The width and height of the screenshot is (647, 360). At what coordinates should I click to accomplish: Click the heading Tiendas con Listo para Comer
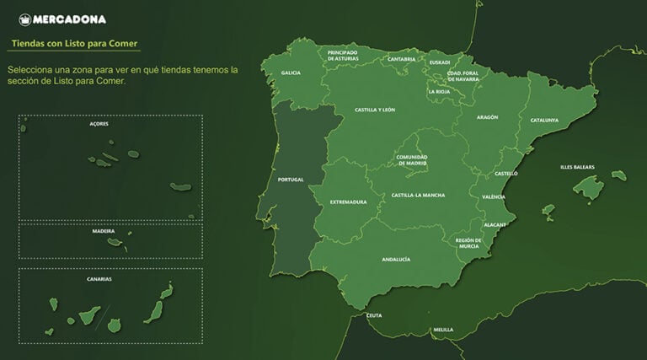[x=75, y=42]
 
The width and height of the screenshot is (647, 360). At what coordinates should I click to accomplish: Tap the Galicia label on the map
[x=291, y=73]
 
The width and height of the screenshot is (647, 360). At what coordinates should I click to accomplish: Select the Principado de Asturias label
[x=343, y=56]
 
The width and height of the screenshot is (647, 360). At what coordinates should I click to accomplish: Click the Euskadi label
[x=440, y=62]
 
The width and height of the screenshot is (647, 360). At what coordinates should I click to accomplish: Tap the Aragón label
[x=487, y=117]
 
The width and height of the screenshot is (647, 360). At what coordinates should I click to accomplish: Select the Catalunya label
[x=544, y=120]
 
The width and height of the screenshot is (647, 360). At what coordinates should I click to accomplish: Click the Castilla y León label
[x=375, y=110]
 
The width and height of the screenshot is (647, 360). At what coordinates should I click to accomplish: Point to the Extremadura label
[x=348, y=201]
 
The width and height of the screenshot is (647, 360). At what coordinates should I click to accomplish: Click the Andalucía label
[x=396, y=260]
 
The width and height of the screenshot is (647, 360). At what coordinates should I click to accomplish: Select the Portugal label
[x=290, y=180]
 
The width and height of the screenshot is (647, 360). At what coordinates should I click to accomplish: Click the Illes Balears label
[x=577, y=167]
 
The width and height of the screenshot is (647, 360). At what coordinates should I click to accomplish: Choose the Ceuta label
[x=374, y=315]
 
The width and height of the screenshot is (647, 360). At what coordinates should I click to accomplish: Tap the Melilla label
[x=443, y=330]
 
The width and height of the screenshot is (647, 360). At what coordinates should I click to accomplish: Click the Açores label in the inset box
[x=99, y=123]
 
